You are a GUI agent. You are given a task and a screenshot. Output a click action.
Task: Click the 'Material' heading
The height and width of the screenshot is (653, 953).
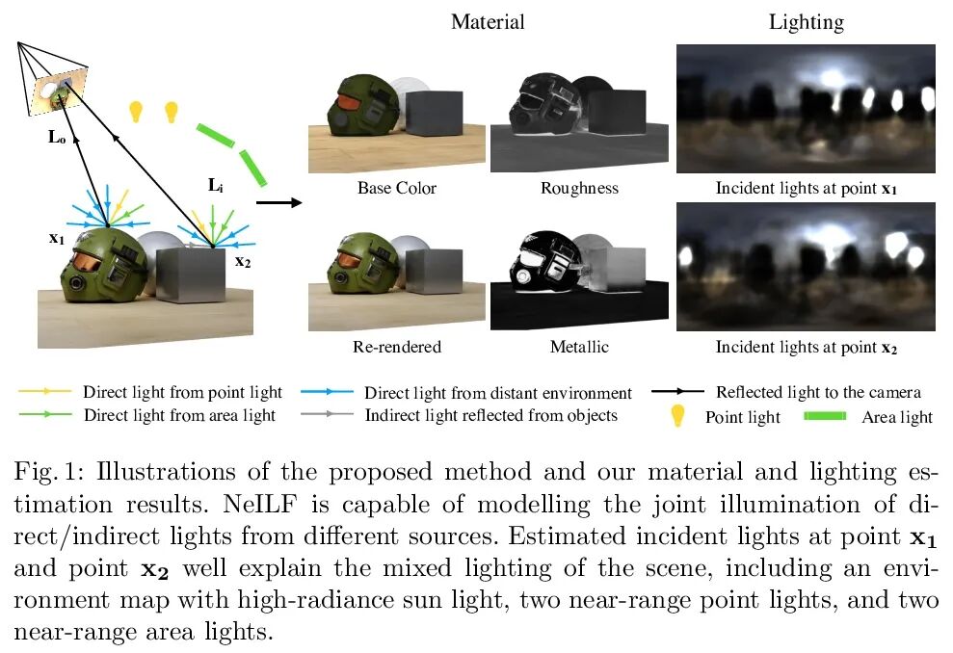[489, 21]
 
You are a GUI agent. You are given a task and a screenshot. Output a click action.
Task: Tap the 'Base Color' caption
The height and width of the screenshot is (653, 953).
[396, 188]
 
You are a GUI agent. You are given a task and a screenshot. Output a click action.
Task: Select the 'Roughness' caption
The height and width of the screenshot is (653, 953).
[579, 188]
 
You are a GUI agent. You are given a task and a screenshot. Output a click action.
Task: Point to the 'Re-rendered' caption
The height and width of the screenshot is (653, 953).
[397, 347]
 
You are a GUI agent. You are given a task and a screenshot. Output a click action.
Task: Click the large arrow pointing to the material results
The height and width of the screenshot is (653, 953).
[279, 202]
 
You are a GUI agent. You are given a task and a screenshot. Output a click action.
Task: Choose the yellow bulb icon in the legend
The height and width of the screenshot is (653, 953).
[679, 416]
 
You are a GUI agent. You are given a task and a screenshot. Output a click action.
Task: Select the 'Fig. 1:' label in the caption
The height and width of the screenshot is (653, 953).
[47, 472]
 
